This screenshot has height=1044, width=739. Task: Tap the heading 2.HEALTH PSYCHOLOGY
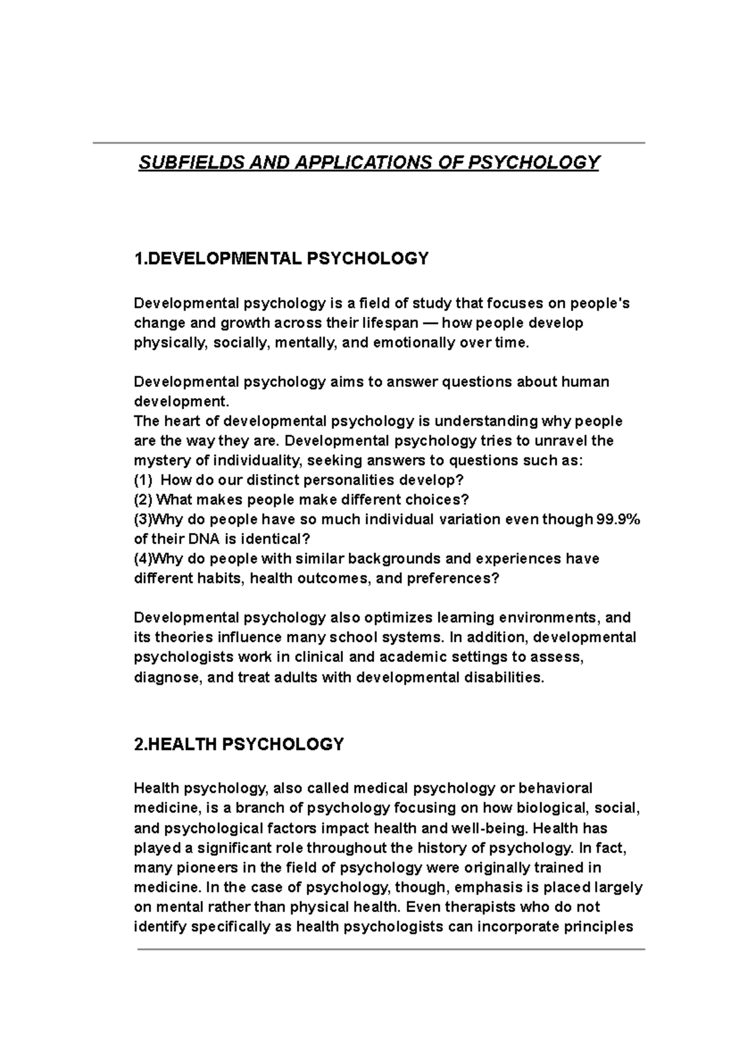pyautogui.click(x=239, y=744)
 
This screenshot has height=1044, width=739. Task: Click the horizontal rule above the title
pyautogui.click(x=368, y=143)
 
